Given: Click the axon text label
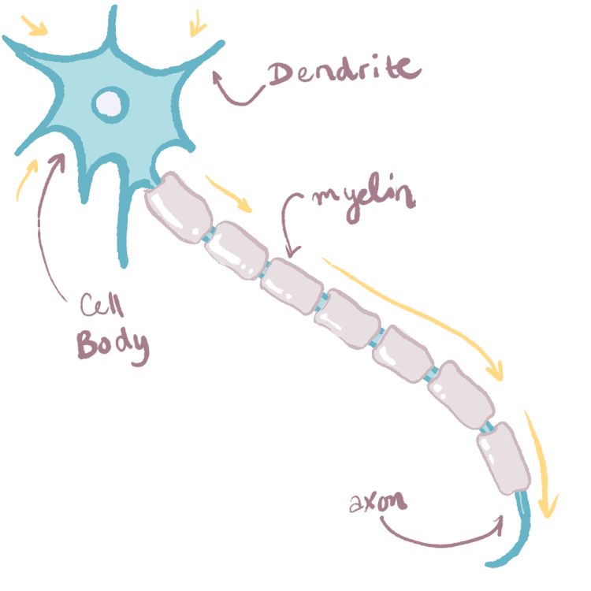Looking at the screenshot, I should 377,500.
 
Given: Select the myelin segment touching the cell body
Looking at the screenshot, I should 180,206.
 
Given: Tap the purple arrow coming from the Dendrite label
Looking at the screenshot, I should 236,95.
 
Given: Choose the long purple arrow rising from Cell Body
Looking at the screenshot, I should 45,229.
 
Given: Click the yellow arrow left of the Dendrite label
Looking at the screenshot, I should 196,25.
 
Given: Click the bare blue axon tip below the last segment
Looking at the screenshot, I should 516,536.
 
